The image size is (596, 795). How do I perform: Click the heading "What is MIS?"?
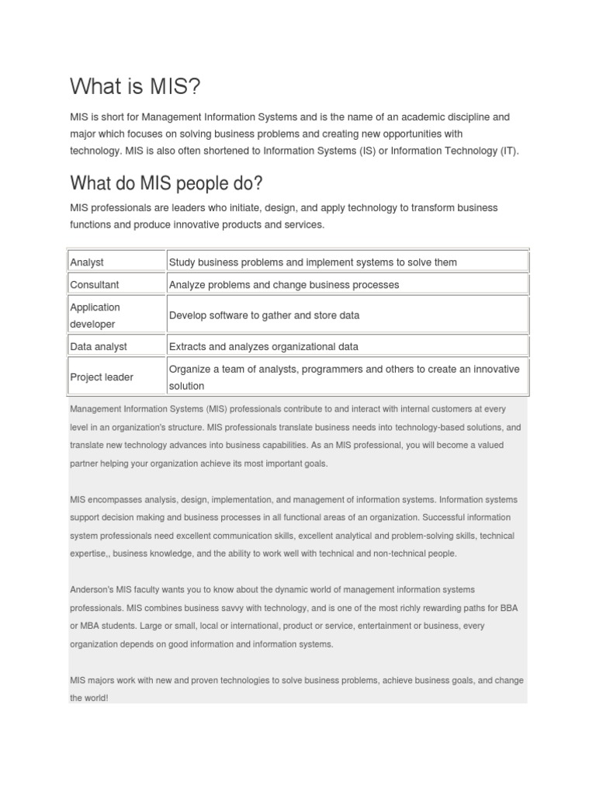click(135, 86)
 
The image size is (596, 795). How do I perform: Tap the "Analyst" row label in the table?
click(87, 262)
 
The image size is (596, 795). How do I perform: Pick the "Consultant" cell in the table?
click(95, 285)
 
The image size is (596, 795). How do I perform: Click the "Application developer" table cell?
click(95, 315)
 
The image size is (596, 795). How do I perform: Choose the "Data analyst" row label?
click(99, 346)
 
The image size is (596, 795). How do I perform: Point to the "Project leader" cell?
click(102, 377)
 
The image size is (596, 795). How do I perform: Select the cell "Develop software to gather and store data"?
click(264, 315)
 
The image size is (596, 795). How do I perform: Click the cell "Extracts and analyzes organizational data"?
click(263, 346)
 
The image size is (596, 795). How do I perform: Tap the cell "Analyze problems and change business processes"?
click(283, 285)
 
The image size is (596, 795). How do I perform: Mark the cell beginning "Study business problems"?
click(313, 262)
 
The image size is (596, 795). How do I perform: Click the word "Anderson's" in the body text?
click(92, 589)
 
